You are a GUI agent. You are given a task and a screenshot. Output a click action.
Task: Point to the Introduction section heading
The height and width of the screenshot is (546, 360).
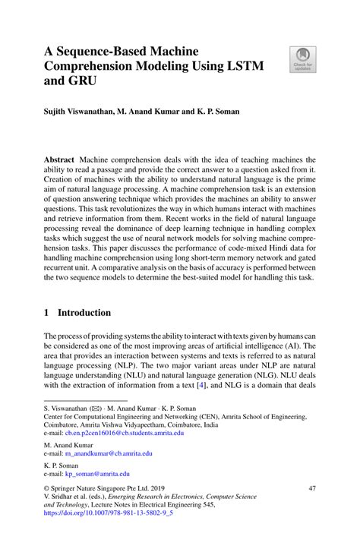click(84, 312)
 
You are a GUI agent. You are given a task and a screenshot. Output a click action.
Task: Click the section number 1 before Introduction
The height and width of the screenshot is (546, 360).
click(47, 312)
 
